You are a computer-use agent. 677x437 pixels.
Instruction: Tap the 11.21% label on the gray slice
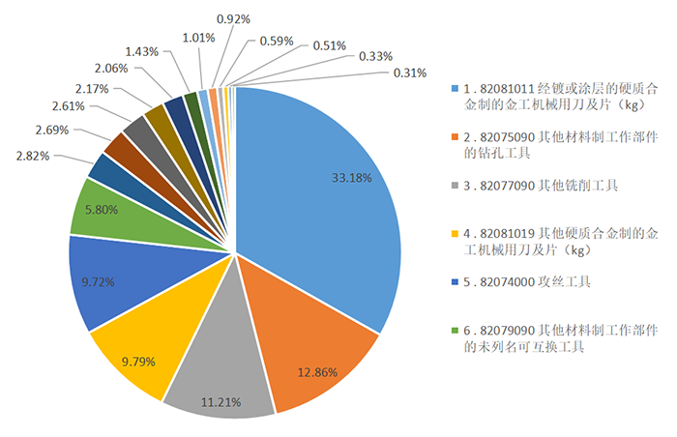pos(221,401)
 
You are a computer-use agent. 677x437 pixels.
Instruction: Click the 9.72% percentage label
pos(100,282)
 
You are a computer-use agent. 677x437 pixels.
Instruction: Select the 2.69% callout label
pos(51,130)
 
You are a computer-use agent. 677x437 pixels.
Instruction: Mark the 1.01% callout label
pos(198,38)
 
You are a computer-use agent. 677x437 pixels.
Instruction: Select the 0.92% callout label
pos(233,18)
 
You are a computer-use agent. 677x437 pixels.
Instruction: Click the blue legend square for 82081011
pos(456,89)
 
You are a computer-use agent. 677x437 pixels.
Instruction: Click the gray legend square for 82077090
pos(456,185)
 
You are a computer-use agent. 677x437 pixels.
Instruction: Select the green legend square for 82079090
pos(456,330)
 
